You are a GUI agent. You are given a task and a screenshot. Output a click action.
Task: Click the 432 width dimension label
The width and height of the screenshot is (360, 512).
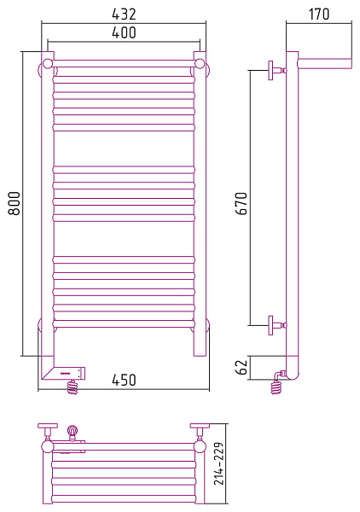124,14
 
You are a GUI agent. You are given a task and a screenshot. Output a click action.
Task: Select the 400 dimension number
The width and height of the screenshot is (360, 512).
124,32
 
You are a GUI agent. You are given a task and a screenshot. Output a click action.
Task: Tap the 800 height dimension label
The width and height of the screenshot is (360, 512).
14,203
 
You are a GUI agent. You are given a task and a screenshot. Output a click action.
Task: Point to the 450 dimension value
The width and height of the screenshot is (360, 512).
124,380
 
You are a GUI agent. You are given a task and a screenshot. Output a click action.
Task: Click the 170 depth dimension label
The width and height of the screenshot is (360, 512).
319,14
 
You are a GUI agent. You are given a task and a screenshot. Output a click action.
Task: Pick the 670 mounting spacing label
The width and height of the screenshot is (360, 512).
242,203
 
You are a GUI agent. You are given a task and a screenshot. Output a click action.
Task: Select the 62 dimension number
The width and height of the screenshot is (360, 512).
242,367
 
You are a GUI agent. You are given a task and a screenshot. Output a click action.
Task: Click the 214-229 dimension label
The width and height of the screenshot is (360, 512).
219,463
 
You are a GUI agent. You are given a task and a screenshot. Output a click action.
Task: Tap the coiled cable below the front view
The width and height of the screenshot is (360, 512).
73,387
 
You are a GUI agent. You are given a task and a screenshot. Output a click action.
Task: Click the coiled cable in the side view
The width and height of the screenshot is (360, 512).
276,387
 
